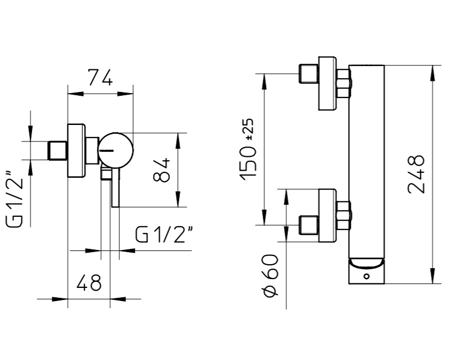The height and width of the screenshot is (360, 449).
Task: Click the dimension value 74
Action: tap(100, 77)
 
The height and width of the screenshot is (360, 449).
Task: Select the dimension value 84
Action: tap(161, 170)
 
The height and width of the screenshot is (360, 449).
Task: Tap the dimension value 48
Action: tap(89, 283)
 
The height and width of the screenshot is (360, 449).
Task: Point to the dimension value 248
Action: tap(416, 174)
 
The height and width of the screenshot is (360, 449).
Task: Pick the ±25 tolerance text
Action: tap(249, 129)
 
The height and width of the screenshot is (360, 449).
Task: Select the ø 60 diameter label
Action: tap(271, 276)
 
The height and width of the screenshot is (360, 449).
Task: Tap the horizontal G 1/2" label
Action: tap(164, 234)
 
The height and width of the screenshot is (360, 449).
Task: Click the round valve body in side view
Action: tap(115, 150)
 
